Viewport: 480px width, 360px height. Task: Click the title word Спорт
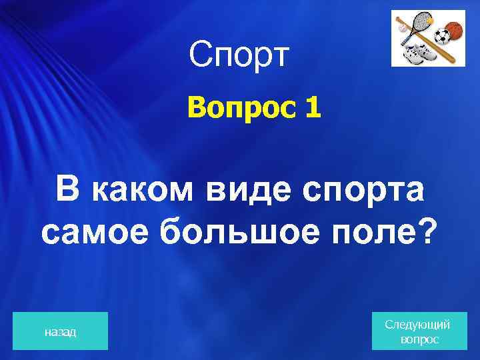point(239,55)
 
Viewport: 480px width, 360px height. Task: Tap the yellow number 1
point(313,108)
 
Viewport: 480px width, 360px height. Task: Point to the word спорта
point(364,191)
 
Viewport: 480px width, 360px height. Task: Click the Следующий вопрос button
point(417,331)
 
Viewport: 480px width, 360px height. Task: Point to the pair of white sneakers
point(420,52)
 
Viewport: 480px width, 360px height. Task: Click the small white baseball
point(402,29)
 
